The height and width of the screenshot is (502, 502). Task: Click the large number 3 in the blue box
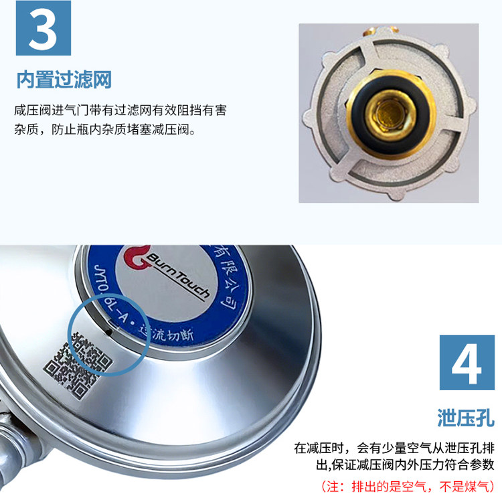click(x=43, y=27)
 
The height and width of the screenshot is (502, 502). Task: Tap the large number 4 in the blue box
click(x=466, y=363)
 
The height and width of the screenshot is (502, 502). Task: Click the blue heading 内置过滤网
click(x=64, y=80)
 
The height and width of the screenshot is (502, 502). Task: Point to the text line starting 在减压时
click(x=394, y=447)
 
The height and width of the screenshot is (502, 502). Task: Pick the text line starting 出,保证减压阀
click(x=394, y=465)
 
